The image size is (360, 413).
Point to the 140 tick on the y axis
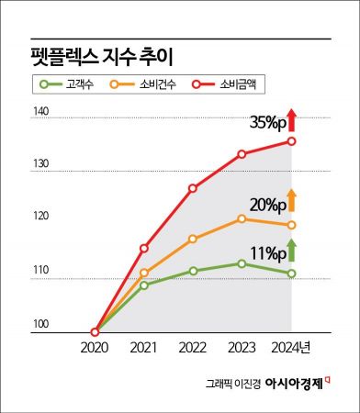[x=41, y=114]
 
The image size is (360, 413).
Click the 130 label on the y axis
[x=41, y=169]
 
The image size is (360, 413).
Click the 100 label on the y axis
[x=41, y=324]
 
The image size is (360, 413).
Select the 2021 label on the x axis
[x=144, y=348]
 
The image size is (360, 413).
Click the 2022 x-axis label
[x=193, y=348]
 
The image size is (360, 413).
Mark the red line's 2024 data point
[x=291, y=140]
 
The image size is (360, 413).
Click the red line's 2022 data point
[x=193, y=188]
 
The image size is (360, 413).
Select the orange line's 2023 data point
[x=242, y=218]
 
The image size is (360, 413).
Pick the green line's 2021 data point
[x=144, y=285]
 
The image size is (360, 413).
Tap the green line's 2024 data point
[x=291, y=273]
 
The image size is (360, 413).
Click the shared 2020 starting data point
[x=96, y=332]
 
